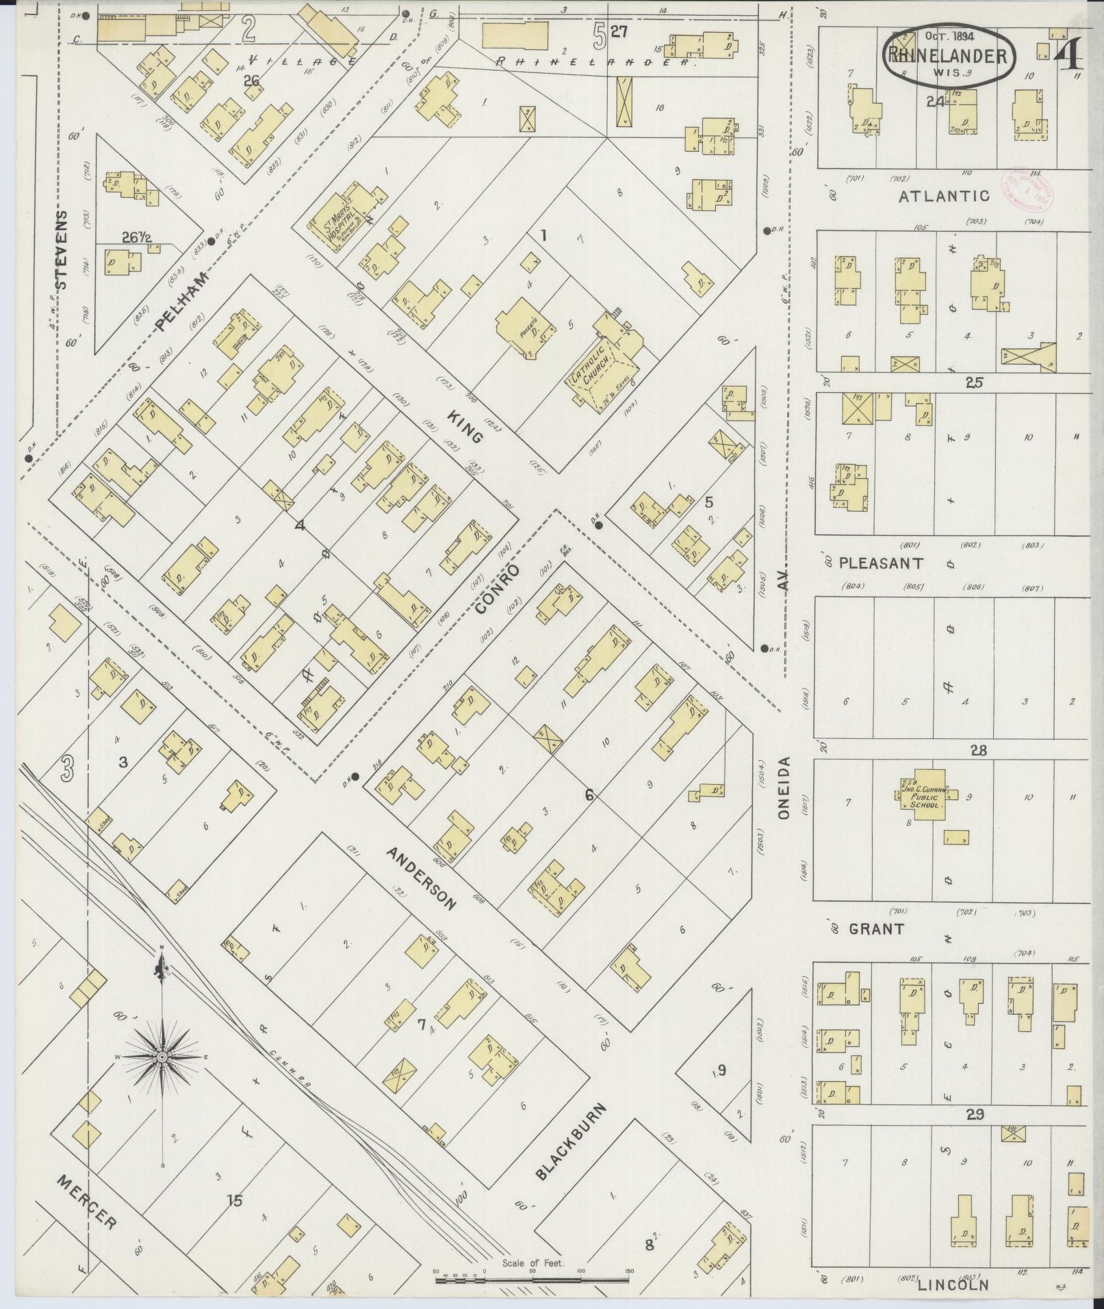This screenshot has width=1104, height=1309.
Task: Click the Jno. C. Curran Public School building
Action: point(922,795)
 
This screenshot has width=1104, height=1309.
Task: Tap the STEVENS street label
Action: point(62,251)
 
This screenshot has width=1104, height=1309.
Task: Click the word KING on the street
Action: point(467,426)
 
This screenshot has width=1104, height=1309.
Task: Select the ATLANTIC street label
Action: point(944,196)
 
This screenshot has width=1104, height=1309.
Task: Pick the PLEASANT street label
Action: point(881,563)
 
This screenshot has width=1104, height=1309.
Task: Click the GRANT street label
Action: point(876,929)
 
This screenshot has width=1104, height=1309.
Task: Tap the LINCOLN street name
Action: point(953,1286)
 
